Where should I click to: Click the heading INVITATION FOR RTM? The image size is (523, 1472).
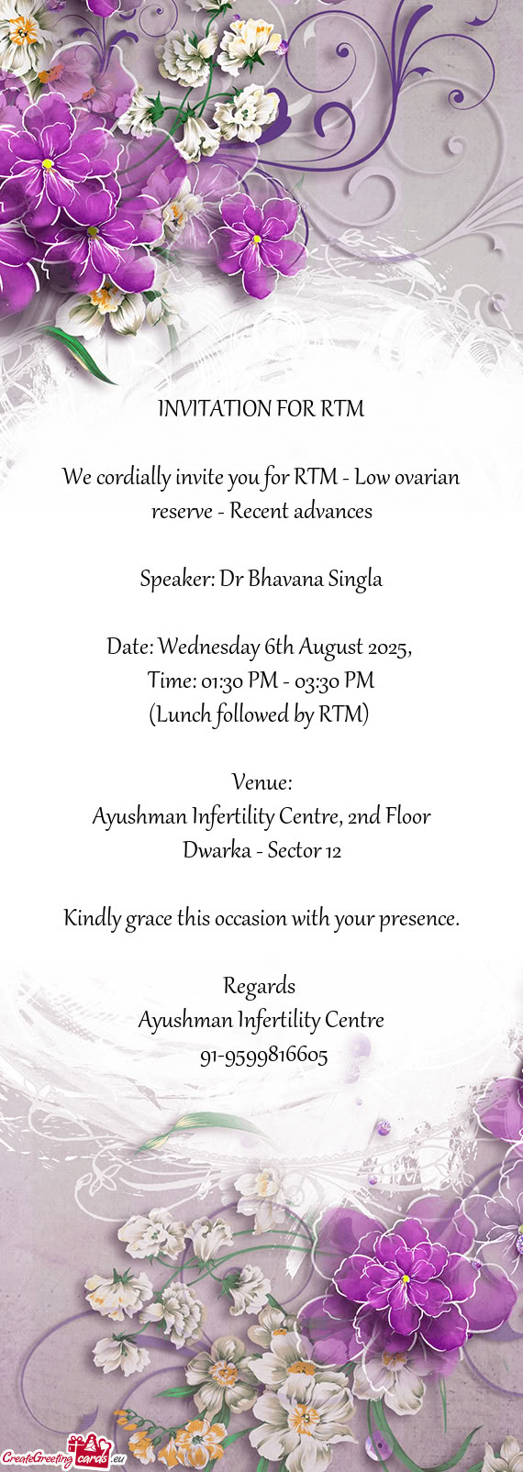pos(261,409)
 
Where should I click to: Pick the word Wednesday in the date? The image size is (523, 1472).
pos(207,647)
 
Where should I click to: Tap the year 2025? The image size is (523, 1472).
pos(388,647)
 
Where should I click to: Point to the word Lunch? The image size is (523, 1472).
pos(183,715)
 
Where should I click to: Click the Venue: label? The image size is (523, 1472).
pos(261,783)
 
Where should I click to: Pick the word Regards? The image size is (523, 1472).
pos(260,987)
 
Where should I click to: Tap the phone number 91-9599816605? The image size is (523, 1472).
pos(263,1056)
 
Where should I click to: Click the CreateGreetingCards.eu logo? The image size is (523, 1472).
pos(62,1454)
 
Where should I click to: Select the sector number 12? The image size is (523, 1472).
pos(332,851)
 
